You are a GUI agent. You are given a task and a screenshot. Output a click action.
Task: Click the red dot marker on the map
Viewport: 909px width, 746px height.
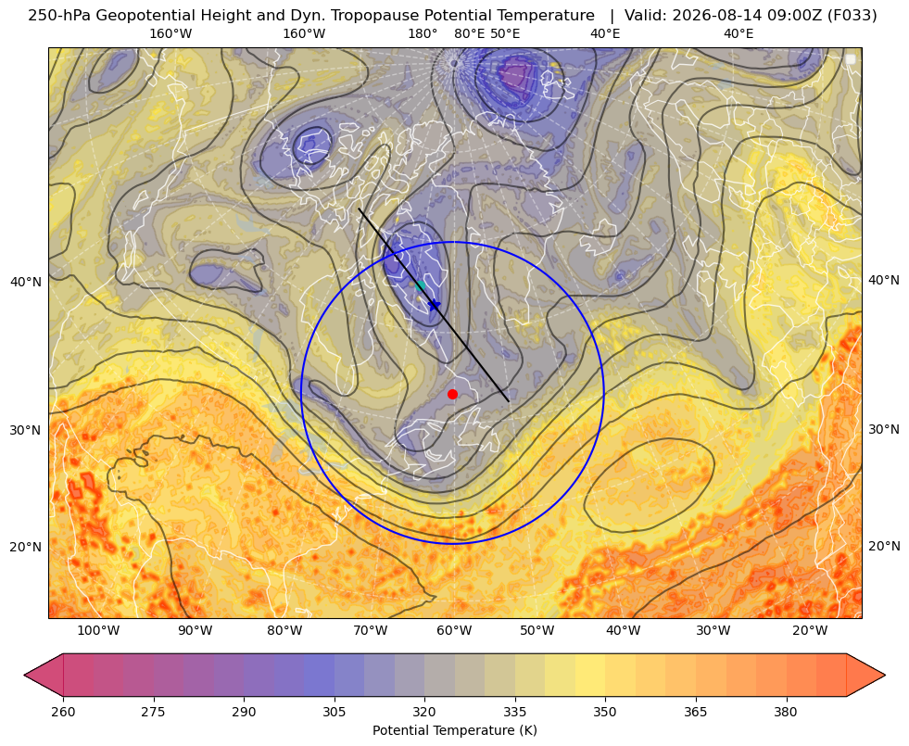(x=453, y=394)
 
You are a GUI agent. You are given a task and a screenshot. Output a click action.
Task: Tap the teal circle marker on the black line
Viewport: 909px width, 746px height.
(x=421, y=285)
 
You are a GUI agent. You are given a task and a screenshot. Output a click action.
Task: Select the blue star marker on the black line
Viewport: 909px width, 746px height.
(x=434, y=304)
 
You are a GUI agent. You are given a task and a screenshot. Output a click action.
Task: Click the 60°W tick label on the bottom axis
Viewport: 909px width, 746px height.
(x=454, y=631)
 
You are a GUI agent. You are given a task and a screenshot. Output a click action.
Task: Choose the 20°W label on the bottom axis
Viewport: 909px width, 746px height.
(x=810, y=631)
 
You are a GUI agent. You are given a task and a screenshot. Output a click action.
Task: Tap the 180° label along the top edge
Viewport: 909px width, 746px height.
(x=423, y=33)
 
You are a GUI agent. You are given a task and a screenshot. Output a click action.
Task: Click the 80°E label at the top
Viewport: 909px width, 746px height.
(x=469, y=33)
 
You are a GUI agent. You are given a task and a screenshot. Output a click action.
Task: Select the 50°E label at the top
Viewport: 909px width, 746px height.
(x=505, y=33)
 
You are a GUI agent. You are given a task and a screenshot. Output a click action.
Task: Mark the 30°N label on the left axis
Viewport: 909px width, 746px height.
(x=26, y=430)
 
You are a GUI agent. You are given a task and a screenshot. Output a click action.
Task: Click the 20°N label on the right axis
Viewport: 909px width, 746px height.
(x=884, y=546)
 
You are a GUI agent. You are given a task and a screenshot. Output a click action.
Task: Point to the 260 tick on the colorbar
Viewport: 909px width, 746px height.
(x=63, y=712)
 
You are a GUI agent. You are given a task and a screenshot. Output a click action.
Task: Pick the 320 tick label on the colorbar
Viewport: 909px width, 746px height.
(x=424, y=712)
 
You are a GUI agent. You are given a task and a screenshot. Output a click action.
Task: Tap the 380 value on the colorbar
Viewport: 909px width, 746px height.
(x=786, y=712)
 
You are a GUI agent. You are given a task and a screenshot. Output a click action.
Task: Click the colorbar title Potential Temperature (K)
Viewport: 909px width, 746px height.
(x=454, y=730)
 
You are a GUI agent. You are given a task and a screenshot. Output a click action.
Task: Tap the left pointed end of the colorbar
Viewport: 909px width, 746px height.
(x=24, y=675)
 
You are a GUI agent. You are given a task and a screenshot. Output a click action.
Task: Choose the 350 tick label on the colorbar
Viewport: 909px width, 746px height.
(x=605, y=712)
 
